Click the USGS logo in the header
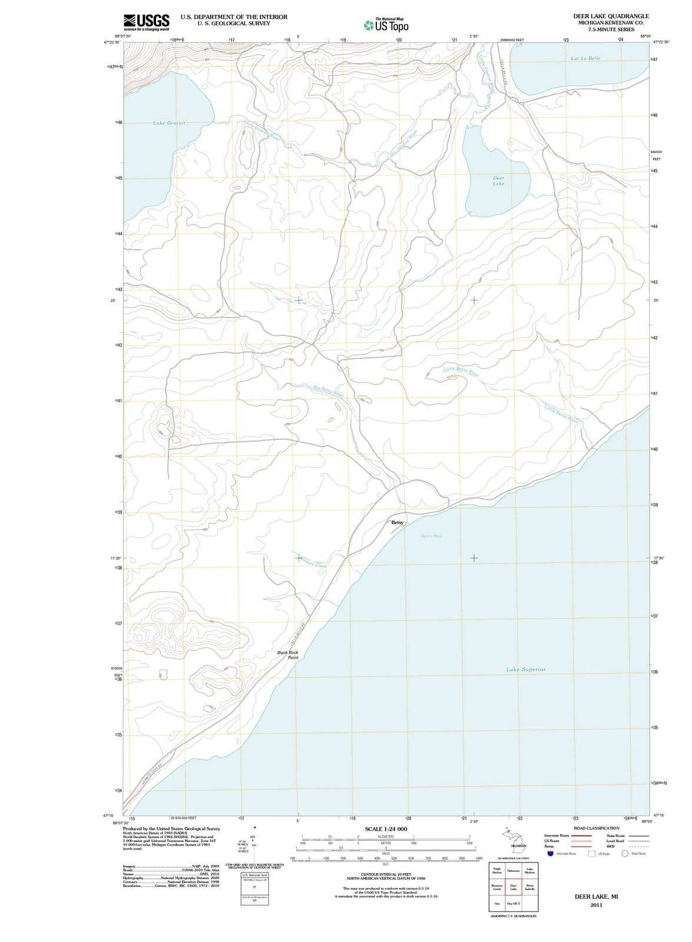147,22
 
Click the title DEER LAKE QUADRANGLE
611,16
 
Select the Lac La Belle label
585,58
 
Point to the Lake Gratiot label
169,123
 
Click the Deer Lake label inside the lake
498,181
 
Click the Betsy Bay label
431,536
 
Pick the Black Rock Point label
289,655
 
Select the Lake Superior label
525,669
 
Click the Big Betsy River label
328,390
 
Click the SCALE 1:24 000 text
386,829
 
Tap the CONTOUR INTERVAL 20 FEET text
386,875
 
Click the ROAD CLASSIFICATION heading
596,828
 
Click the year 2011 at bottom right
596,905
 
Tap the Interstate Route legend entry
557,835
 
